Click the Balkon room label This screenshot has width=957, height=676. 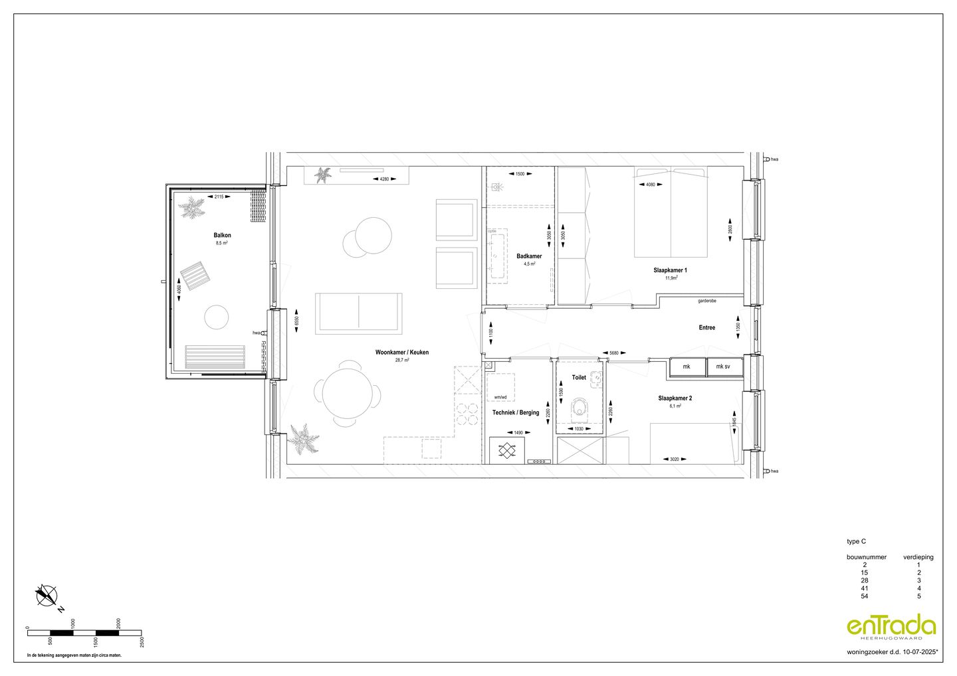click(222, 236)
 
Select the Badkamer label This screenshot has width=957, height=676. click(529, 256)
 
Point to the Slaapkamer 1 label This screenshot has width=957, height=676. click(671, 270)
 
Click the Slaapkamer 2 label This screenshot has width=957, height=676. click(675, 398)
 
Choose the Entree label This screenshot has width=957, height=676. click(706, 327)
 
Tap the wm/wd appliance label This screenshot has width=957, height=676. click(500, 397)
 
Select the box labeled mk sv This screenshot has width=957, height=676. click(723, 367)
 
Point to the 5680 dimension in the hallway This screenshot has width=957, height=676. click(614, 353)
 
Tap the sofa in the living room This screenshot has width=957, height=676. click(359, 313)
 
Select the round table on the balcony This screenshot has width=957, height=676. click(216, 317)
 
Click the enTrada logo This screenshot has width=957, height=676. click(891, 626)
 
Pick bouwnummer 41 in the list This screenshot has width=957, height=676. click(864, 588)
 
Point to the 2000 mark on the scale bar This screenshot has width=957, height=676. click(118, 624)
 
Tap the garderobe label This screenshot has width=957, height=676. click(706, 301)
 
